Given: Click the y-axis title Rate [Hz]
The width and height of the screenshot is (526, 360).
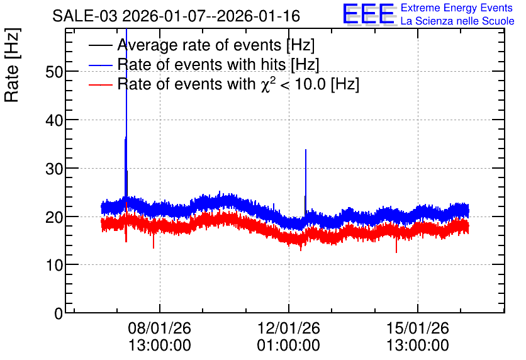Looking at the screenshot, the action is (12, 65).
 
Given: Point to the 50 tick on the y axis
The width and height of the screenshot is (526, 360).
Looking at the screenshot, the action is (54, 72).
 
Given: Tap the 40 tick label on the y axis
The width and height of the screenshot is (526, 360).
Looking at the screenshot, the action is (54, 120).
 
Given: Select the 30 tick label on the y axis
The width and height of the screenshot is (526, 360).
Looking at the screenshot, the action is (54, 169).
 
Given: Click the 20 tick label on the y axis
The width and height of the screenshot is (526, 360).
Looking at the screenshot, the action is (54, 217).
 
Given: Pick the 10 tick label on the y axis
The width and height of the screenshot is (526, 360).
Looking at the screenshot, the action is (54, 266).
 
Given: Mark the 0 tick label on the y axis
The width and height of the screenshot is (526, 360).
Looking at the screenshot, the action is (59, 313).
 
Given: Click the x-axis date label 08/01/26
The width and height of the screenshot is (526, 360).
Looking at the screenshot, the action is (160, 328).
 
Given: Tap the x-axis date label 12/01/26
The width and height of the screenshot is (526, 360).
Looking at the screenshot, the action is (289, 328).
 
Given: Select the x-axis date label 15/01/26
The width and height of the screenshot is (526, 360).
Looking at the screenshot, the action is (418, 328).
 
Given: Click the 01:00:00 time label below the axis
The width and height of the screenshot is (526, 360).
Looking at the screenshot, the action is (289, 346).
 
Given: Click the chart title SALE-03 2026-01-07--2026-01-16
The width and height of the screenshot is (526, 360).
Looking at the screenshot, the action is (176, 16).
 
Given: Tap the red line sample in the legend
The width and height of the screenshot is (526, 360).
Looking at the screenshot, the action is (100, 84).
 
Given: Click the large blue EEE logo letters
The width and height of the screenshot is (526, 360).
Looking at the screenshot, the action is (369, 14).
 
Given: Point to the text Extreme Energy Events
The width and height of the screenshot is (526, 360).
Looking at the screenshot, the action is (457, 8).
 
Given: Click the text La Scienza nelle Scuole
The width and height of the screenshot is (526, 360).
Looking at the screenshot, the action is (457, 21).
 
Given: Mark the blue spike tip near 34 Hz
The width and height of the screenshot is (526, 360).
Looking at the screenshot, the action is (306, 150).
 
